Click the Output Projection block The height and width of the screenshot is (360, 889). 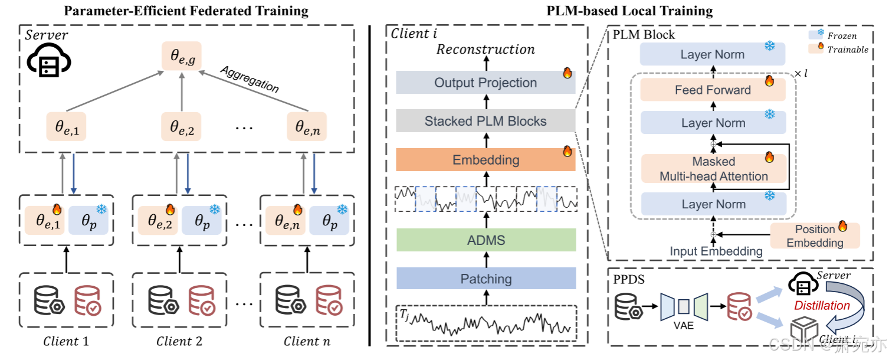tap(485, 83)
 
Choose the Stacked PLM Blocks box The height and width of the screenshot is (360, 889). tap(485, 122)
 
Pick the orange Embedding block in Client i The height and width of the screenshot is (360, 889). tap(485, 160)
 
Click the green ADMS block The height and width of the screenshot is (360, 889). tap(485, 240)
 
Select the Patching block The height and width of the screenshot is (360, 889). tap(485, 279)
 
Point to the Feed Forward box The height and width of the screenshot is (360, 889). tap(713, 90)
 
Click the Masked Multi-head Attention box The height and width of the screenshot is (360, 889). tap(714, 168)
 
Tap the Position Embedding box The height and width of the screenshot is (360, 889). tap(815, 235)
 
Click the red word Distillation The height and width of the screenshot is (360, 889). tap(821, 306)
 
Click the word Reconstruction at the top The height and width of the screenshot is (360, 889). tap(485, 50)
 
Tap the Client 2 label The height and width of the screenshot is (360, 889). tap(179, 341)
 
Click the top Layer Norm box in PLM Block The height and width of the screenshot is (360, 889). tap(713, 55)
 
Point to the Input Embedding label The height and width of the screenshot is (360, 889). tap(716, 251)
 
